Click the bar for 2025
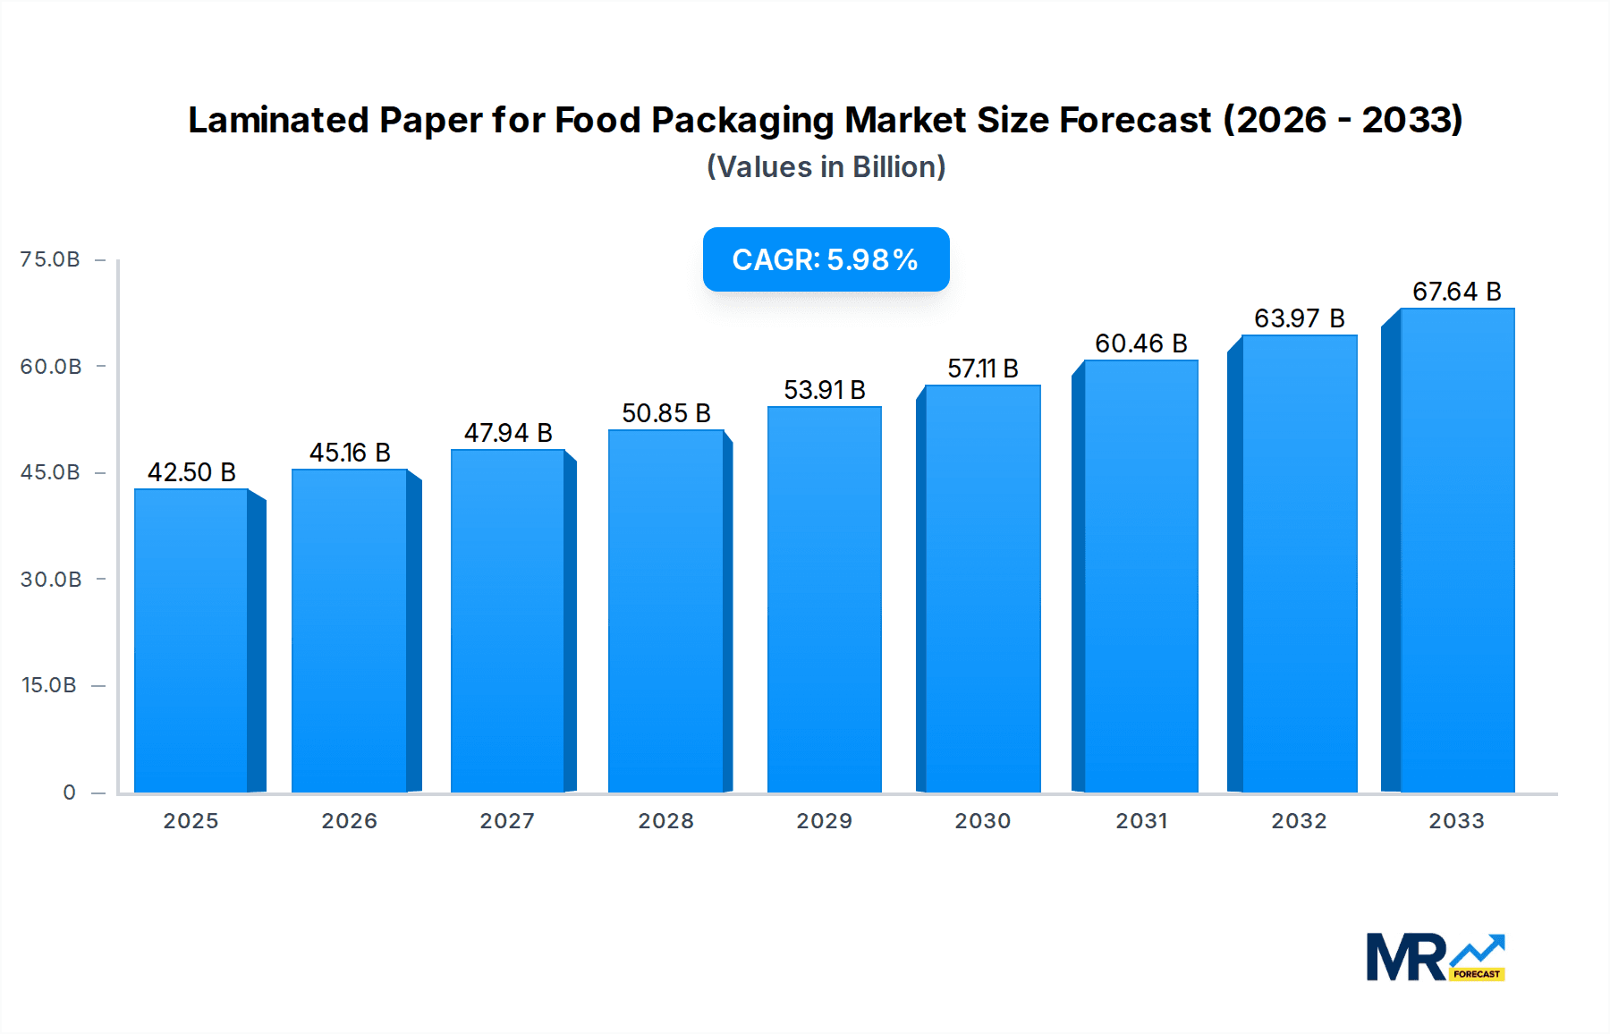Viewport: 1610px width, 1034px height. click(191, 640)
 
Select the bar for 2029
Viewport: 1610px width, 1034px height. click(824, 599)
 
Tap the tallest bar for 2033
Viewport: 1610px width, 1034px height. click(1457, 550)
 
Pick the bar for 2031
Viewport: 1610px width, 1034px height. click(1140, 577)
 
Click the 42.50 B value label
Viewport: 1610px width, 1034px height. click(191, 472)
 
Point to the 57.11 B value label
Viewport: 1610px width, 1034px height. click(983, 369)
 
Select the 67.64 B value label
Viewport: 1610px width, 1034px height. click(1456, 292)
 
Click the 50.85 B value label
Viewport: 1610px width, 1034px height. click(666, 413)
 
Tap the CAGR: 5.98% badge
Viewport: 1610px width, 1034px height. click(826, 259)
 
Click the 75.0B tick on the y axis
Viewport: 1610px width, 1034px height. click(50, 259)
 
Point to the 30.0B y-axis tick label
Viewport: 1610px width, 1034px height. click(51, 580)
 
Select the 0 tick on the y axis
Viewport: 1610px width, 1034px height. click(69, 792)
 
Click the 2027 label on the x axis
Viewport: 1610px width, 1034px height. click(507, 821)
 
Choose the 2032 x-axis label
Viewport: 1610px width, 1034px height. click(1299, 821)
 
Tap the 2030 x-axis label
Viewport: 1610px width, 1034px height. click(982, 821)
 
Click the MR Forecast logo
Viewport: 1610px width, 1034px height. click(1436, 957)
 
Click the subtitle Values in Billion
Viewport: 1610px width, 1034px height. click(826, 167)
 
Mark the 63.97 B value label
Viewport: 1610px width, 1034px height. click(1299, 318)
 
